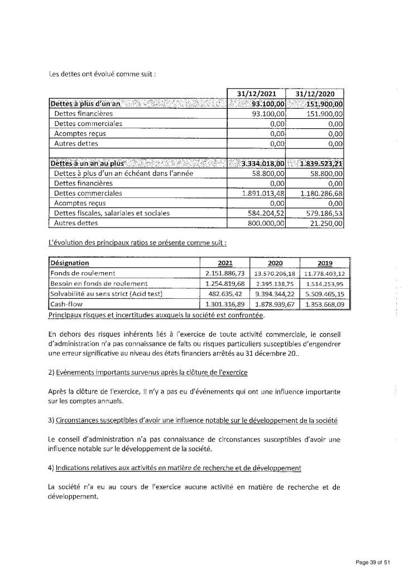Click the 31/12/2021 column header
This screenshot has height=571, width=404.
tap(256, 94)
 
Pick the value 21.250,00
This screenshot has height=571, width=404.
tap(328, 223)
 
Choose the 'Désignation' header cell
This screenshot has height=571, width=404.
tap(70, 263)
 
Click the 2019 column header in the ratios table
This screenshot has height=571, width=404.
tap(324, 263)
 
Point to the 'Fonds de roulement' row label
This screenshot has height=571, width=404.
tap(83, 273)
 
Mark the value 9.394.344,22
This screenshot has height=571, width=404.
tap(275, 294)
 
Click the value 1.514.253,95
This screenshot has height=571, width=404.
tap(324, 284)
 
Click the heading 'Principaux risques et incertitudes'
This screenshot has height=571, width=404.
tap(157, 316)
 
